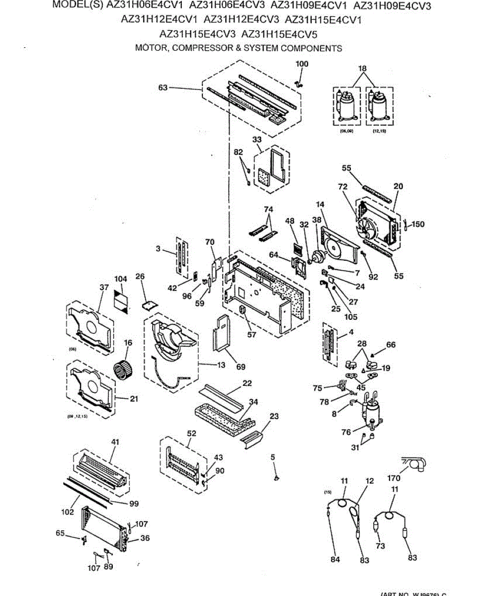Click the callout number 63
pyautogui.click(x=162, y=88)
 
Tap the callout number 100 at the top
pyautogui.click(x=302, y=64)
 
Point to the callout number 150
pyautogui.click(x=418, y=224)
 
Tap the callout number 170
pyautogui.click(x=394, y=479)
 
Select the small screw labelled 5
pyautogui.click(x=276, y=477)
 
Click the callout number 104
pyautogui.click(x=121, y=279)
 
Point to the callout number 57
pyautogui.click(x=251, y=334)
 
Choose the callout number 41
pyautogui.click(x=115, y=442)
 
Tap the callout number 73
pyautogui.click(x=380, y=546)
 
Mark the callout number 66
pyautogui.click(x=391, y=345)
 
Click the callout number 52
pyautogui.click(x=191, y=433)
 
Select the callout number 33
pyautogui.click(x=256, y=140)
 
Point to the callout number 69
pyautogui.click(x=241, y=367)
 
